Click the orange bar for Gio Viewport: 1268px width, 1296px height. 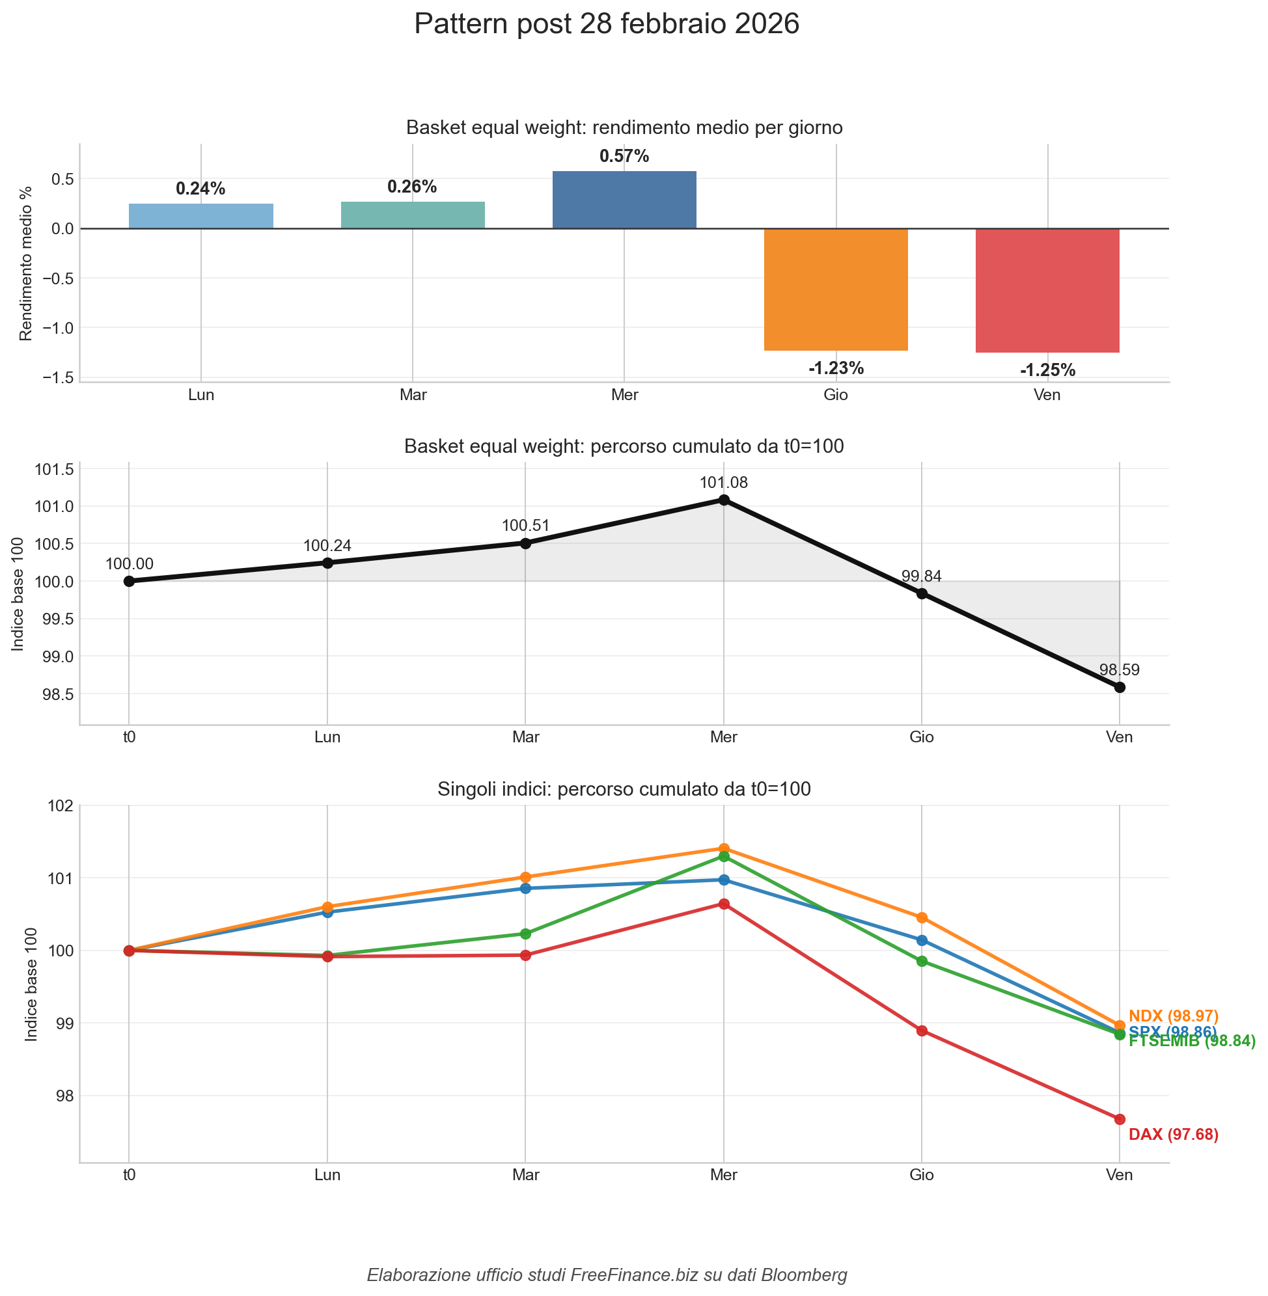[x=836, y=290]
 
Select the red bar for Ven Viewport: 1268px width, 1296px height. [x=1047, y=290]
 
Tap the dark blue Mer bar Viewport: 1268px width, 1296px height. [x=624, y=200]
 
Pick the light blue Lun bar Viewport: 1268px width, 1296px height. [x=200, y=217]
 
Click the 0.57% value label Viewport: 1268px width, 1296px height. [x=624, y=156]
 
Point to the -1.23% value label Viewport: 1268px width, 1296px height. [x=836, y=368]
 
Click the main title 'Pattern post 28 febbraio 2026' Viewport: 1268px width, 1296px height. [x=606, y=25]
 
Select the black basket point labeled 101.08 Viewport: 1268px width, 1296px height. [x=724, y=500]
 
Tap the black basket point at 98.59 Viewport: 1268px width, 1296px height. [x=1120, y=687]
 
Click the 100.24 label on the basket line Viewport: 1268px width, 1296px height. [x=327, y=546]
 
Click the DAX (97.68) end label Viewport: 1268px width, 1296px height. [x=1174, y=1134]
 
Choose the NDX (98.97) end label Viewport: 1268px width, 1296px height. [x=1174, y=1016]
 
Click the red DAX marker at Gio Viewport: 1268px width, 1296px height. [x=922, y=1031]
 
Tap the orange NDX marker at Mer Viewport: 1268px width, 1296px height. [x=724, y=848]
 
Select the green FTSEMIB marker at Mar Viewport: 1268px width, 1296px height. [x=525, y=934]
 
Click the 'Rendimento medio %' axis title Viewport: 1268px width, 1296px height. [x=26, y=263]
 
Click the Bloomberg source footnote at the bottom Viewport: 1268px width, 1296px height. [x=607, y=1275]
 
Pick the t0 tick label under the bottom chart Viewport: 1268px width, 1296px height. [x=129, y=1175]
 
